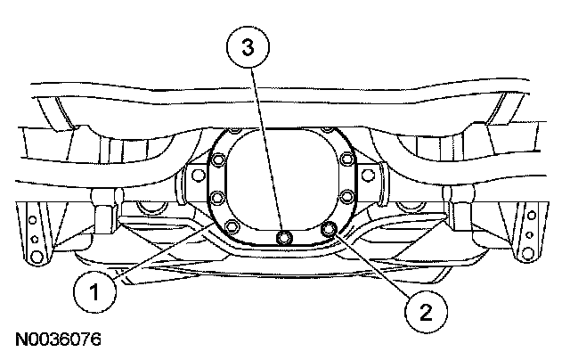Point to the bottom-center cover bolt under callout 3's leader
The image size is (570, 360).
tap(283, 236)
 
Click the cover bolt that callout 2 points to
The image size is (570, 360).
tap(330, 230)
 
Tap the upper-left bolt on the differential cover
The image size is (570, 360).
tap(218, 162)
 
